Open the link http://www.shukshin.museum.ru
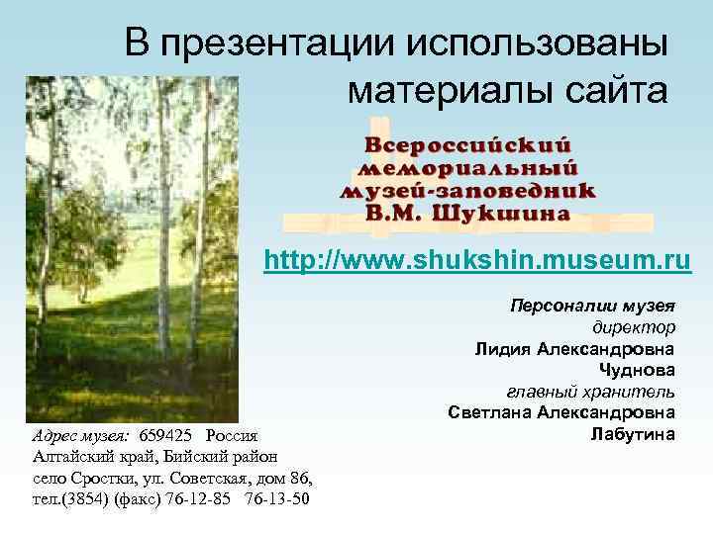coord(477,262)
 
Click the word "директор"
coord(634,327)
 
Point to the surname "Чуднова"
coord(638,370)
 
